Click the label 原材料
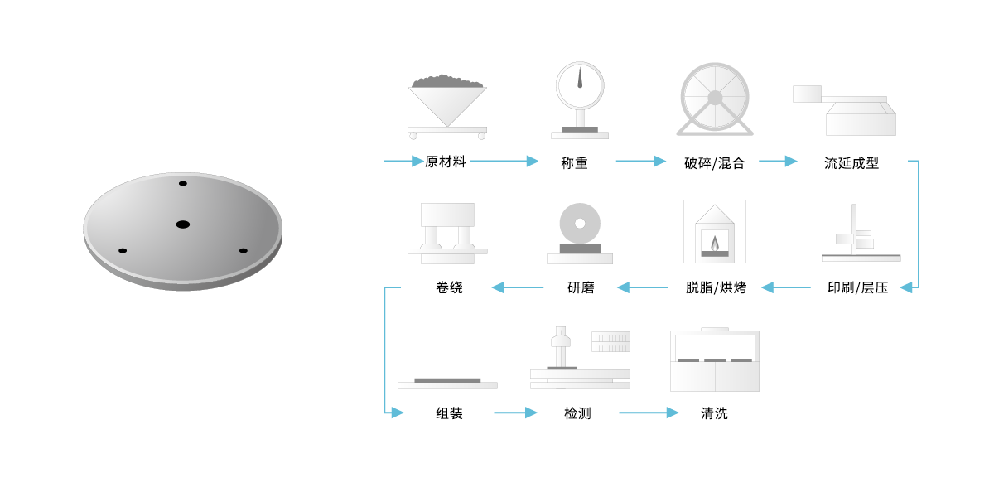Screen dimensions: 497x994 coord(445,162)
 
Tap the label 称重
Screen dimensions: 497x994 coord(574,163)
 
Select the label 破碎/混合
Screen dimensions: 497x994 coord(715,163)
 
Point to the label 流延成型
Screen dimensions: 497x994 coord(852,163)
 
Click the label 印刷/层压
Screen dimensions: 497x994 coord(858,288)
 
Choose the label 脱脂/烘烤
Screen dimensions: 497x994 coord(717,288)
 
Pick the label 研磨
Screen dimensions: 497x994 coord(581,288)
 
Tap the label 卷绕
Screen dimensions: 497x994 coord(449,288)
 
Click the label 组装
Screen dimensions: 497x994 coord(449,413)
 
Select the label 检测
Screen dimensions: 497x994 coord(577,413)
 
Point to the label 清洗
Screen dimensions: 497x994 coord(714,413)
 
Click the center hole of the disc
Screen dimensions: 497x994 coord(183,224)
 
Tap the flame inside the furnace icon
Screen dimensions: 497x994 coord(715,243)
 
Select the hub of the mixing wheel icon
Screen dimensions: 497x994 coord(715,98)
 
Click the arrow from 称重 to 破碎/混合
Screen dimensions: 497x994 coord(641,162)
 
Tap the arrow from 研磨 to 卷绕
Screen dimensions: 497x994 coord(518,287)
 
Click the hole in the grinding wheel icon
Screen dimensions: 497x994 coord(580,223)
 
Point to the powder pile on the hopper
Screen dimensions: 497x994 coord(447,81)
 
